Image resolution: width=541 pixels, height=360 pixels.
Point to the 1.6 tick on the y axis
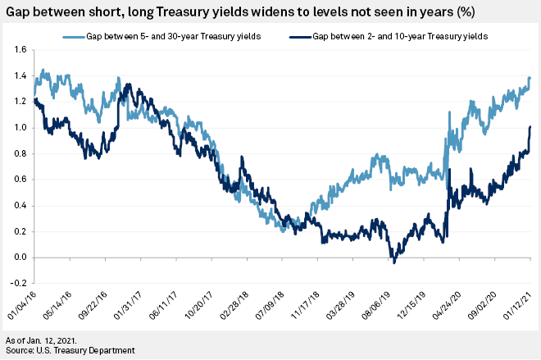tap(19, 50)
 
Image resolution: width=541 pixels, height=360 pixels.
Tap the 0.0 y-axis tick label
tap(19, 257)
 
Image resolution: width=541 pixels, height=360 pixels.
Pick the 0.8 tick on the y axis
tap(19, 153)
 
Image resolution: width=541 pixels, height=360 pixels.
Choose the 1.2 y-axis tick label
tap(19, 102)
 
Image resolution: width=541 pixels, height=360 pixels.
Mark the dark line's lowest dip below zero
tap(394, 262)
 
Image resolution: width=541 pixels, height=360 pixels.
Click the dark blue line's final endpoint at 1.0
tap(530, 127)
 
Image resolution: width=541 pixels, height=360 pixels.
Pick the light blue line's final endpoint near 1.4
tap(530, 78)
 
